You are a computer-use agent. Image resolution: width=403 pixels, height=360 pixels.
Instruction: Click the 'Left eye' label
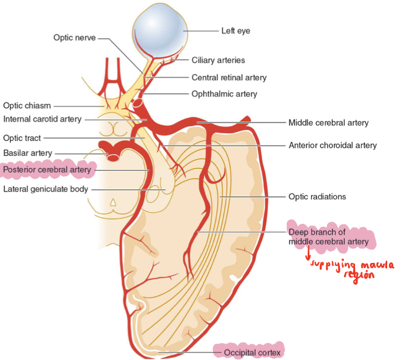click(235, 30)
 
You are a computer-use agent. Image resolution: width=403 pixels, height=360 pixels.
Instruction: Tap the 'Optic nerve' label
click(74, 37)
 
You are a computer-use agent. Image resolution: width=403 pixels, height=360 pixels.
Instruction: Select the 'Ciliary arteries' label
click(218, 60)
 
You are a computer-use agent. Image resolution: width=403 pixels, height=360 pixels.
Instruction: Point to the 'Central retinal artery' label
click(229, 77)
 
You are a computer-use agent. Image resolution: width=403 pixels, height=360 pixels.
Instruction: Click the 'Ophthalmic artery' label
click(224, 94)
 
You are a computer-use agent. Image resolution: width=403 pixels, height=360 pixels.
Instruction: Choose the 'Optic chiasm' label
click(27, 106)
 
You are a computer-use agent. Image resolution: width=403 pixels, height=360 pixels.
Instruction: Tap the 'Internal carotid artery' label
click(42, 119)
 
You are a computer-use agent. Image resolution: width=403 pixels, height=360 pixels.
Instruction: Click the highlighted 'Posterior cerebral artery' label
click(47, 170)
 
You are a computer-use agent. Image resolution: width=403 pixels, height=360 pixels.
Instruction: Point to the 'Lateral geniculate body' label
click(46, 189)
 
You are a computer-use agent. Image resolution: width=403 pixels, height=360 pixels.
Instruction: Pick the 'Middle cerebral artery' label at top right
click(328, 123)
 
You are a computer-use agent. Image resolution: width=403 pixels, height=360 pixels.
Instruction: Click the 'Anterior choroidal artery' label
click(332, 146)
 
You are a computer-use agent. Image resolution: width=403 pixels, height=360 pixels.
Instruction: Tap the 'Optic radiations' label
click(317, 196)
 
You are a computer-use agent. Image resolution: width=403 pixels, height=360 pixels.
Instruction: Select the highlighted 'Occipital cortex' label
click(252, 352)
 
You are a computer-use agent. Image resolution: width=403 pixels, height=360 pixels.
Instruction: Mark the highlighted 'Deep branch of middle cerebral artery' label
click(328, 237)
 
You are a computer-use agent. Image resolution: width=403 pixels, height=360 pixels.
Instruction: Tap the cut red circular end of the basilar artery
click(113, 156)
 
